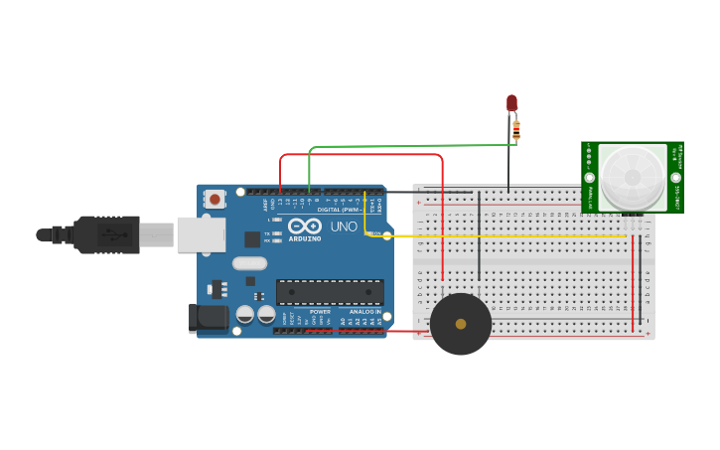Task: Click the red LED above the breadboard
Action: (511, 101)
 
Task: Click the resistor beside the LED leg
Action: (516, 129)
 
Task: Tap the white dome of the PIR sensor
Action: (633, 178)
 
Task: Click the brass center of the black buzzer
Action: (461, 324)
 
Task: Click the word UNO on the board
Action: (344, 226)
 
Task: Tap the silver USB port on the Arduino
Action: (201, 234)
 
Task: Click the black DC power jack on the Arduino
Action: (209, 317)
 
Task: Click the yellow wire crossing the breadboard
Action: (516, 236)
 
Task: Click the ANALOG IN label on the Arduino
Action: (364, 311)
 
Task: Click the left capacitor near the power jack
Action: (245, 314)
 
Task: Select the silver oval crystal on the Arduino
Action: (250, 263)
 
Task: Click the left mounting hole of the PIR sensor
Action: (589, 178)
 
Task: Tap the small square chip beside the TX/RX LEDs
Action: (252, 238)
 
